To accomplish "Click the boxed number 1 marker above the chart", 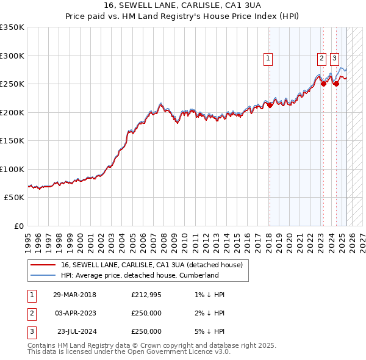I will [268, 59].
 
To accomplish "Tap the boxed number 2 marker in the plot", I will [321, 59].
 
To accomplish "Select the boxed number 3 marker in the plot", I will [334, 59].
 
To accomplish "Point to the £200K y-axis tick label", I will [12, 112].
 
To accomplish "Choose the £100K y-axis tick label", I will [12, 169].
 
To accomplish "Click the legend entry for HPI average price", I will [140, 275].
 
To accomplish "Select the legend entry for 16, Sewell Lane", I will [152, 265].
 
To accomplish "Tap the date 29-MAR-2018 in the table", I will [74, 295].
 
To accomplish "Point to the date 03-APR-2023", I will [74, 313].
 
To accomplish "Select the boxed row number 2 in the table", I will [31, 313].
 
